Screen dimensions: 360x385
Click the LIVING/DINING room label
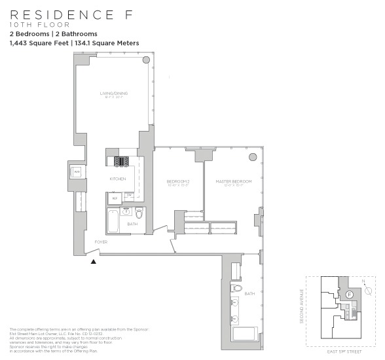click(114, 94)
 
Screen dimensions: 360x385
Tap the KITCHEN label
click(117, 179)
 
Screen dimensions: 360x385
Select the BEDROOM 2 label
click(177, 181)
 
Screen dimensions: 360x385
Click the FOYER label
click(101, 242)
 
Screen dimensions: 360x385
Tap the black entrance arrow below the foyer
click(94, 261)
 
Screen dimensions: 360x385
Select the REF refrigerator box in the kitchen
click(115, 197)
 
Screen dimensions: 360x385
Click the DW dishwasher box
click(130, 195)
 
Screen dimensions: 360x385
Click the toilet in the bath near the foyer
click(139, 213)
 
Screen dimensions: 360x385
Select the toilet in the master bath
click(238, 288)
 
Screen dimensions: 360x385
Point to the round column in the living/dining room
click(146, 60)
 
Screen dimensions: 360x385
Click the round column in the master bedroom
click(252, 158)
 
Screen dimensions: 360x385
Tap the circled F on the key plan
click(350, 295)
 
